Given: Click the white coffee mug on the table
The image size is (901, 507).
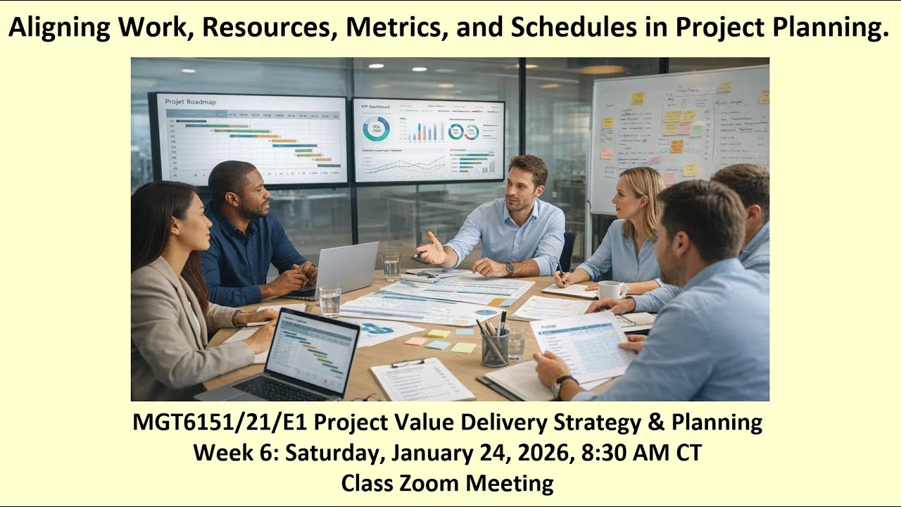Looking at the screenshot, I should point(610,290).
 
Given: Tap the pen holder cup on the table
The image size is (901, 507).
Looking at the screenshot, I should point(495,347).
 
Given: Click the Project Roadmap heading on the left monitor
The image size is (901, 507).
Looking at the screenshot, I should point(191,102).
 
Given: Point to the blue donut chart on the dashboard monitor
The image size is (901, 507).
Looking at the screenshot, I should point(376,129).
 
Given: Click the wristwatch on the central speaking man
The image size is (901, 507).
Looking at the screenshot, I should point(510,269).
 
